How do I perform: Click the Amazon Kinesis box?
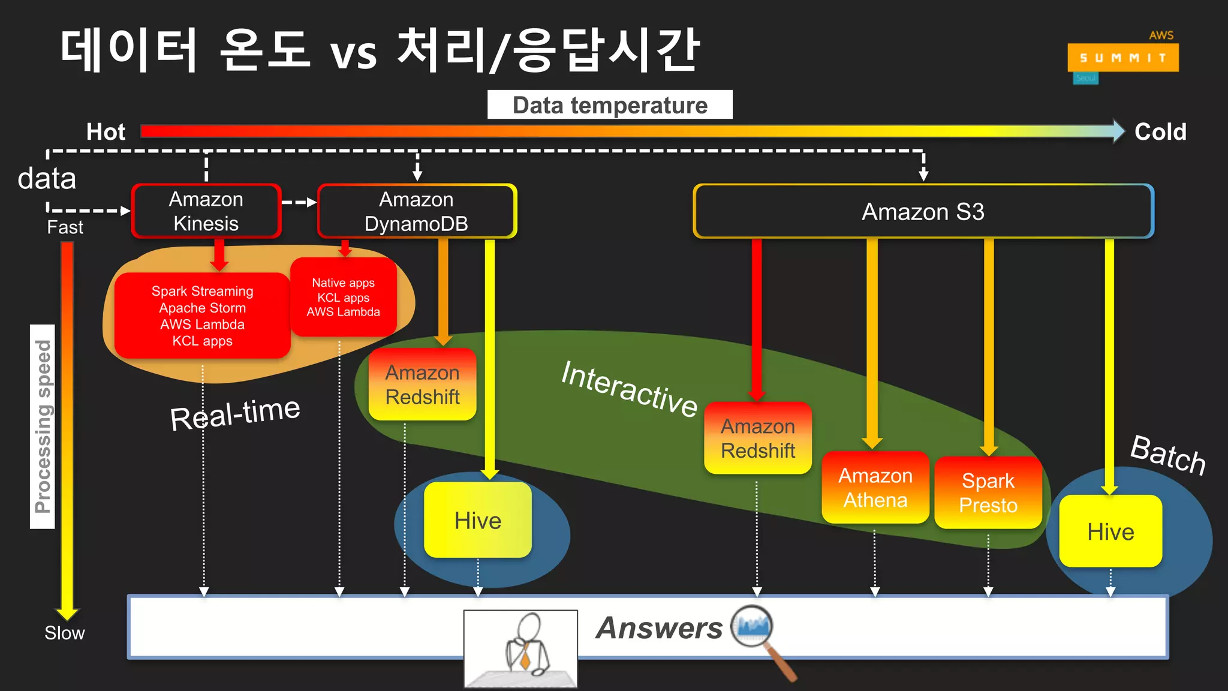(206, 211)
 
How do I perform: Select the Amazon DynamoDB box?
(417, 211)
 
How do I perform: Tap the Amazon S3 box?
(923, 212)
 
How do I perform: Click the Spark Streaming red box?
(203, 316)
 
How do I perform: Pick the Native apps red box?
(344, 297)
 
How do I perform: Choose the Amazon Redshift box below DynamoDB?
(423, 384)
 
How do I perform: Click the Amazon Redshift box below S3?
(758, 438)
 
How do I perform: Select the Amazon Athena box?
(875, 488)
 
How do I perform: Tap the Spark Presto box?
(988, 493)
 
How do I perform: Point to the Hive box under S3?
(1110, 531)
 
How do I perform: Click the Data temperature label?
(610, 105)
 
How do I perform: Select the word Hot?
(106, 132)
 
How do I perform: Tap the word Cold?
(1160, 132)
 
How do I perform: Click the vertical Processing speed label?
(43, 426)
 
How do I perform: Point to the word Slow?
(65, 633)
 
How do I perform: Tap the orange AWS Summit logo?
(1122, 58)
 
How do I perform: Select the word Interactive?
(629, 389)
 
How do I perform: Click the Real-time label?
(235, 414)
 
